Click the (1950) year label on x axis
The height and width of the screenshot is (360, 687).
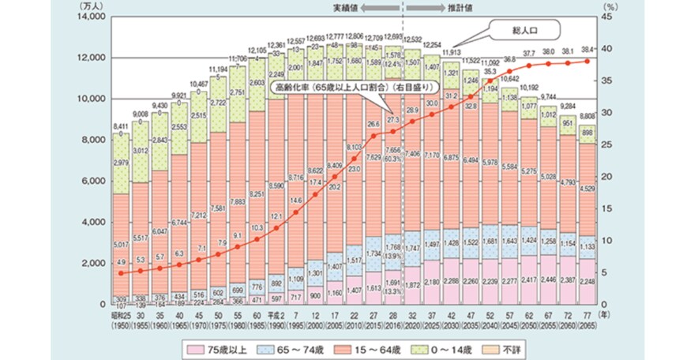click(x=120, y=324)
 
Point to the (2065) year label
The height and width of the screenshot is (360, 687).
click(x=588, y=324)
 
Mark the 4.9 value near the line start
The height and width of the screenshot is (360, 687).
click(x=122, y=262)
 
